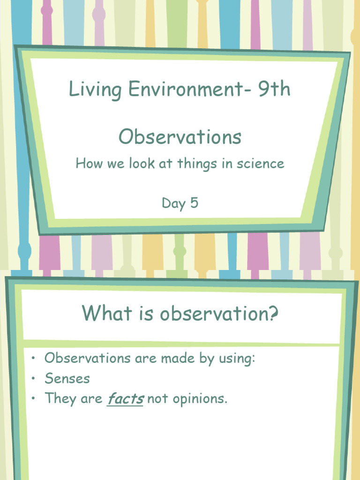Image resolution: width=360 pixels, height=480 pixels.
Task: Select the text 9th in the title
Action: point(274,89)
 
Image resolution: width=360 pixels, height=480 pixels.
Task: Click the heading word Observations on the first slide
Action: point(180,137)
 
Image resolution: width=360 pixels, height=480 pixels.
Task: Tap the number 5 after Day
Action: point(194,203)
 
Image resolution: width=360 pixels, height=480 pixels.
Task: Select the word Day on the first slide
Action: point(173,203)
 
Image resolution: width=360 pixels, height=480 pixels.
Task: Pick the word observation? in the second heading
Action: point(219,313)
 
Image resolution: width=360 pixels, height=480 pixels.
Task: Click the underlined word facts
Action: point(125,398)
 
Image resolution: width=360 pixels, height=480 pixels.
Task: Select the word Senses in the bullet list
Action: point(67,378)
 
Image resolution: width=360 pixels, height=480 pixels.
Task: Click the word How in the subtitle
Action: point(87,164)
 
